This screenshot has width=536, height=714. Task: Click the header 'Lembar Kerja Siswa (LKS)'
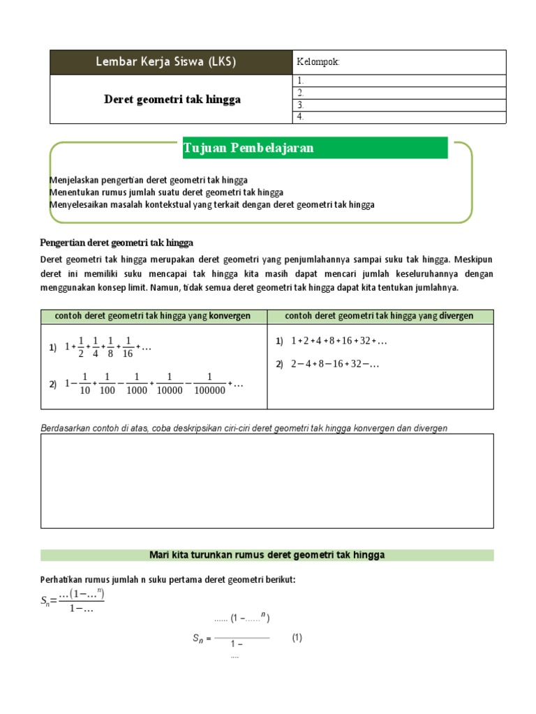point(165,62)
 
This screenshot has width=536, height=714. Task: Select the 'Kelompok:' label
point(318,62)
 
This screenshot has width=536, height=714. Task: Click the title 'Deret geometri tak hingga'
point(172,100)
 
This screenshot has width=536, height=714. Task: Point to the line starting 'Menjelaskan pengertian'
point(149,180)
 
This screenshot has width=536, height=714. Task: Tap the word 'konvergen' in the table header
point(230,316)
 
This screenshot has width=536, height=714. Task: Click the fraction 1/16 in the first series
point(128,347)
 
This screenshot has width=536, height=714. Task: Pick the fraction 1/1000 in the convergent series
point(137,384)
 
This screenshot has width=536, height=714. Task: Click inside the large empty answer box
point(267,481)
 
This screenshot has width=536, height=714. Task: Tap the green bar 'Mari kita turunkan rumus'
point(267,555)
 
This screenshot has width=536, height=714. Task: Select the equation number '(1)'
point(297,637)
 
